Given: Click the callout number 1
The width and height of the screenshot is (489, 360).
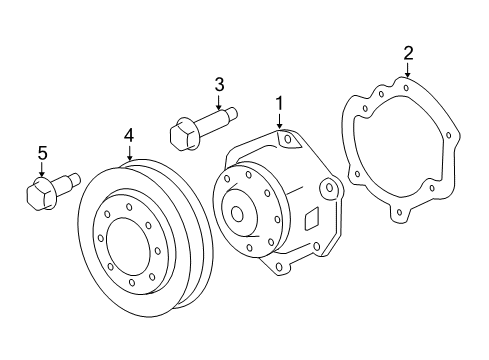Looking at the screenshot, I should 279,102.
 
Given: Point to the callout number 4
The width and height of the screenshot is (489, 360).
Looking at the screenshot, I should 129,134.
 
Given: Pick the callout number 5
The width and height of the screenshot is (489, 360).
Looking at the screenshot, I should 42,153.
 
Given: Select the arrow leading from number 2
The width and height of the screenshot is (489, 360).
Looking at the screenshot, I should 407,71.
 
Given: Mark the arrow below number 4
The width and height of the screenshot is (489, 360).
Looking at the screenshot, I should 129,152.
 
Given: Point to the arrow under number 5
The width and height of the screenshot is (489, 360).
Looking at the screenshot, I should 42,172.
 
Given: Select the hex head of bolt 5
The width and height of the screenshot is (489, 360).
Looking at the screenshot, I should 36,192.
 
